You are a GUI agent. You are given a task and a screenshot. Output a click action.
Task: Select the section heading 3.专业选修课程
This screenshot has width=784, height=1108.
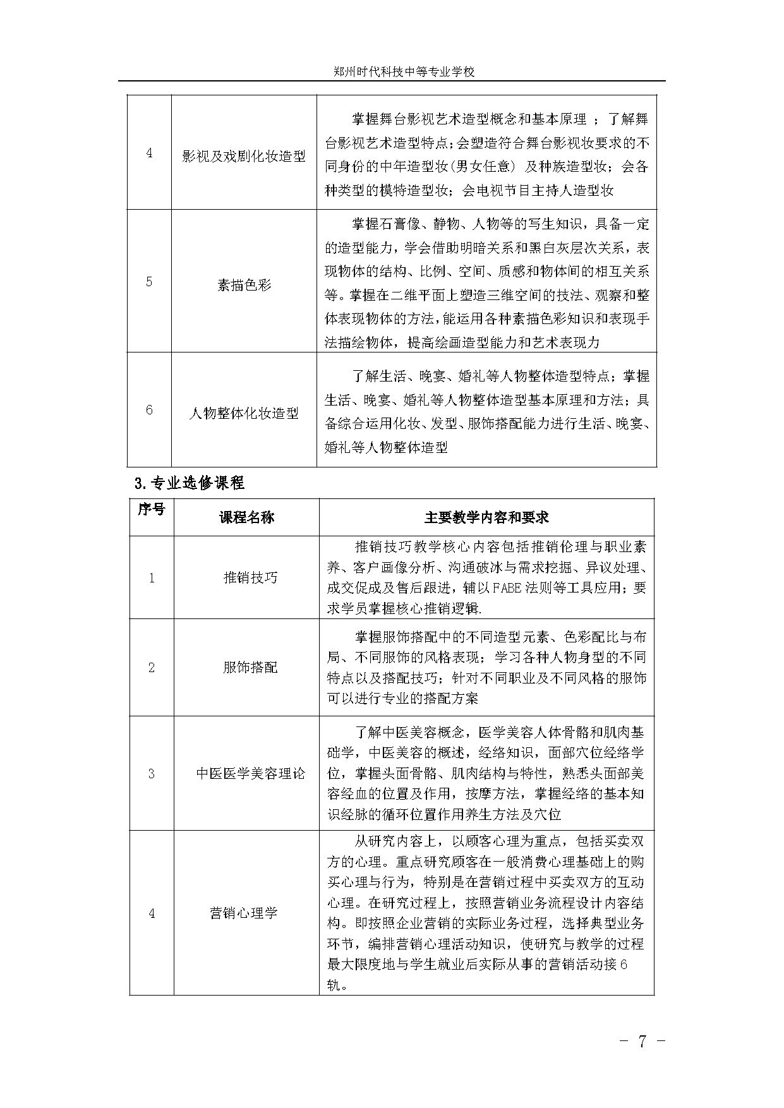[x=190, y=483]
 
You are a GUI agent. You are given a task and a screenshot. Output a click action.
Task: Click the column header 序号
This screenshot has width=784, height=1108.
[x=151, y=510]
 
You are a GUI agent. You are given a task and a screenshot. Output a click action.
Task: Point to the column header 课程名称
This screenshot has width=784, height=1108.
[x=246, y=517]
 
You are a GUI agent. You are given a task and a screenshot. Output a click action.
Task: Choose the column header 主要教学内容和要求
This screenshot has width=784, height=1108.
[x=486, y=517]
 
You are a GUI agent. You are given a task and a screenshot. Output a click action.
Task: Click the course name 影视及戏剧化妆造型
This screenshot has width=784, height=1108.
[x=243, y=157]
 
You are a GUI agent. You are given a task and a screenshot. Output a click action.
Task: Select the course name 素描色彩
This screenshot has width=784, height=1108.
[x=243, y=284]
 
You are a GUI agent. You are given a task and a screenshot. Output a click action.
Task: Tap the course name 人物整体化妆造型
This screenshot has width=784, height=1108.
[x=243, y=414]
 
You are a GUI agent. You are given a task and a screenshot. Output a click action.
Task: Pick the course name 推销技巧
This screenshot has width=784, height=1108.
[x=250, y=577]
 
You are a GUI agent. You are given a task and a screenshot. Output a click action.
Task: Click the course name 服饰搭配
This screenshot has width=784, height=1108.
[x=250, y=667]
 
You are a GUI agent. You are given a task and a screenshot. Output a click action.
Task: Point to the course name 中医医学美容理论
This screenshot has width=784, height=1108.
[x=250, y=773]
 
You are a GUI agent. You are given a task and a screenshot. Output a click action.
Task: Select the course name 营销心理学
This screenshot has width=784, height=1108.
[x=243, y=913]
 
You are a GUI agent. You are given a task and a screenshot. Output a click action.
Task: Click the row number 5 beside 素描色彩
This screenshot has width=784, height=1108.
[x=149, y=282]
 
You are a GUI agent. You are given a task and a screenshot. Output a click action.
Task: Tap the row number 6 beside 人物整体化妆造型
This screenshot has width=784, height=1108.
[x=149, y=410]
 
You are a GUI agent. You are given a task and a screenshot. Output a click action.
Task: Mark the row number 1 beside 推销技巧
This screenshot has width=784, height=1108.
[x=151, y=577]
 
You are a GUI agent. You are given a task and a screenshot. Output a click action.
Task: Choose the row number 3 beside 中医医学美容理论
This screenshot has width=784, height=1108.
[x=151, y=773]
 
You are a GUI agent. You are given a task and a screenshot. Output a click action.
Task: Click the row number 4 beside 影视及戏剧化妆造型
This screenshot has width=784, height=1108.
[x=149, y=154]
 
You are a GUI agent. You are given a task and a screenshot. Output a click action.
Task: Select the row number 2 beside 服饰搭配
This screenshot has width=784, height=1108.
[x=151, y=667]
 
